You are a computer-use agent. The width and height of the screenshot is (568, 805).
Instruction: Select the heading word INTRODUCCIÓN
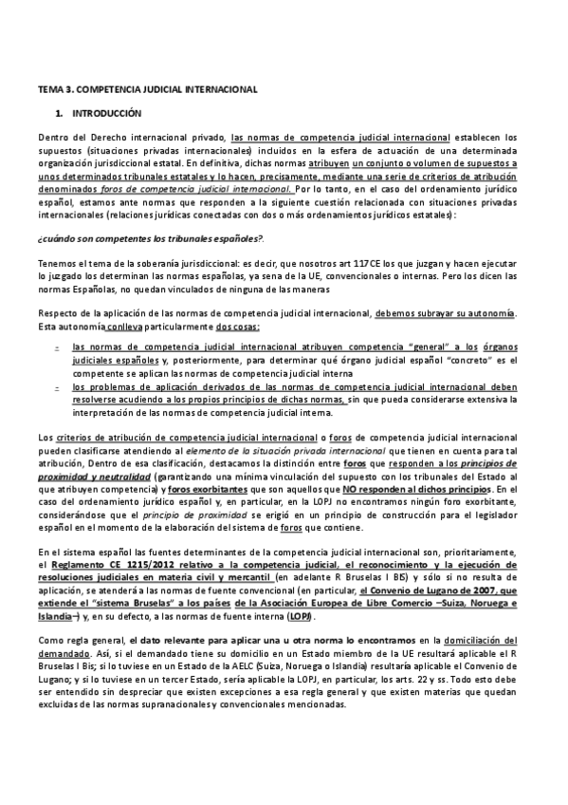[100, 113]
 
